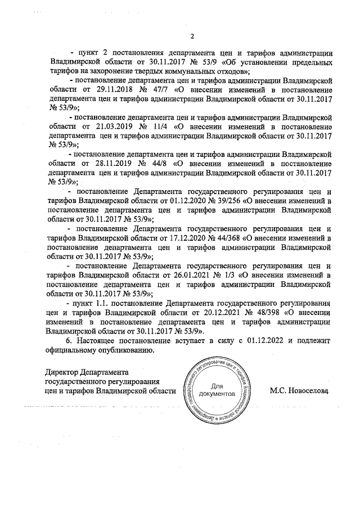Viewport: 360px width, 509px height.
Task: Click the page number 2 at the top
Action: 191,37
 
